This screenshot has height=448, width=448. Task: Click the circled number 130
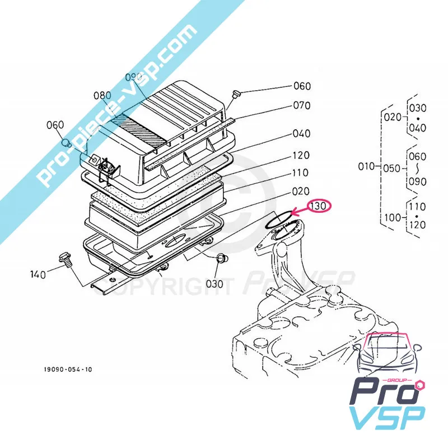(319, 206)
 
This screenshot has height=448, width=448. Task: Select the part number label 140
(38, 274)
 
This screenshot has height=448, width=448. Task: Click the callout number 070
(301, 105)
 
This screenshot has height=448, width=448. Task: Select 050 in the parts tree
(394, 166)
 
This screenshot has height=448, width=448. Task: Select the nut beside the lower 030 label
(221, 259)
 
